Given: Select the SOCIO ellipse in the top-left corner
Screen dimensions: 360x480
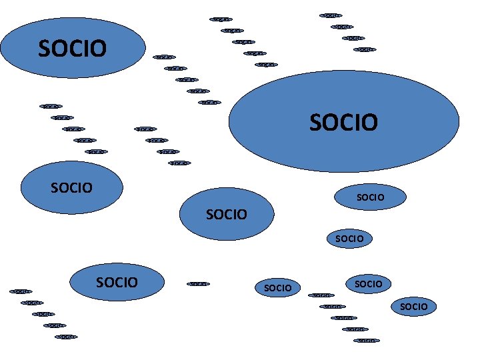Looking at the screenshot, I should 72,48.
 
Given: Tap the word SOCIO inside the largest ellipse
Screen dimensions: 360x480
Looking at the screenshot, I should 344,122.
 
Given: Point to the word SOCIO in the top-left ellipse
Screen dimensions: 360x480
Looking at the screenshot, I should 72,49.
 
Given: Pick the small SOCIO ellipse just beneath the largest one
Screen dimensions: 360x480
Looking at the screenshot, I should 370,197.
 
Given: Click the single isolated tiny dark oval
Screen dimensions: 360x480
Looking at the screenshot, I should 198,284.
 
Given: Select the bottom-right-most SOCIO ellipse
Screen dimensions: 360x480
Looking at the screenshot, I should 414,307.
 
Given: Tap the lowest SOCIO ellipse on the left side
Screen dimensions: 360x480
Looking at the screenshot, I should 117,282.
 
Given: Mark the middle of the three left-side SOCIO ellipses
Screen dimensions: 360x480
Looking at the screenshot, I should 71,187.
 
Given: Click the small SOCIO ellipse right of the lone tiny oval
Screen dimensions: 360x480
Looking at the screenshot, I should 278,288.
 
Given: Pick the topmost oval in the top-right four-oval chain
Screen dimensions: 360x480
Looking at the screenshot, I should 331,15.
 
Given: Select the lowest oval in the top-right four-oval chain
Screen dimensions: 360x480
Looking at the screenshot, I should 365,49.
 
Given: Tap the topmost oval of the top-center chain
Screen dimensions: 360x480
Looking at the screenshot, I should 221,19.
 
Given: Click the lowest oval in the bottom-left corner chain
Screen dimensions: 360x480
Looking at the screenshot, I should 66,337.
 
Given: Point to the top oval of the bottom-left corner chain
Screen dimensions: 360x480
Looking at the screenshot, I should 21,291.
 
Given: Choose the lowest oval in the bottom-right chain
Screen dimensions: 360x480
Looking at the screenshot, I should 367,341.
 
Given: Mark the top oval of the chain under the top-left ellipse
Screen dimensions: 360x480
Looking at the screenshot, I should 51,106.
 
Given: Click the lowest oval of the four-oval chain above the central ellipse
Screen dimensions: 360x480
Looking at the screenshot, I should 179,163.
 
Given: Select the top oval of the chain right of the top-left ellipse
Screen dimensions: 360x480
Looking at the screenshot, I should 164,57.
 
